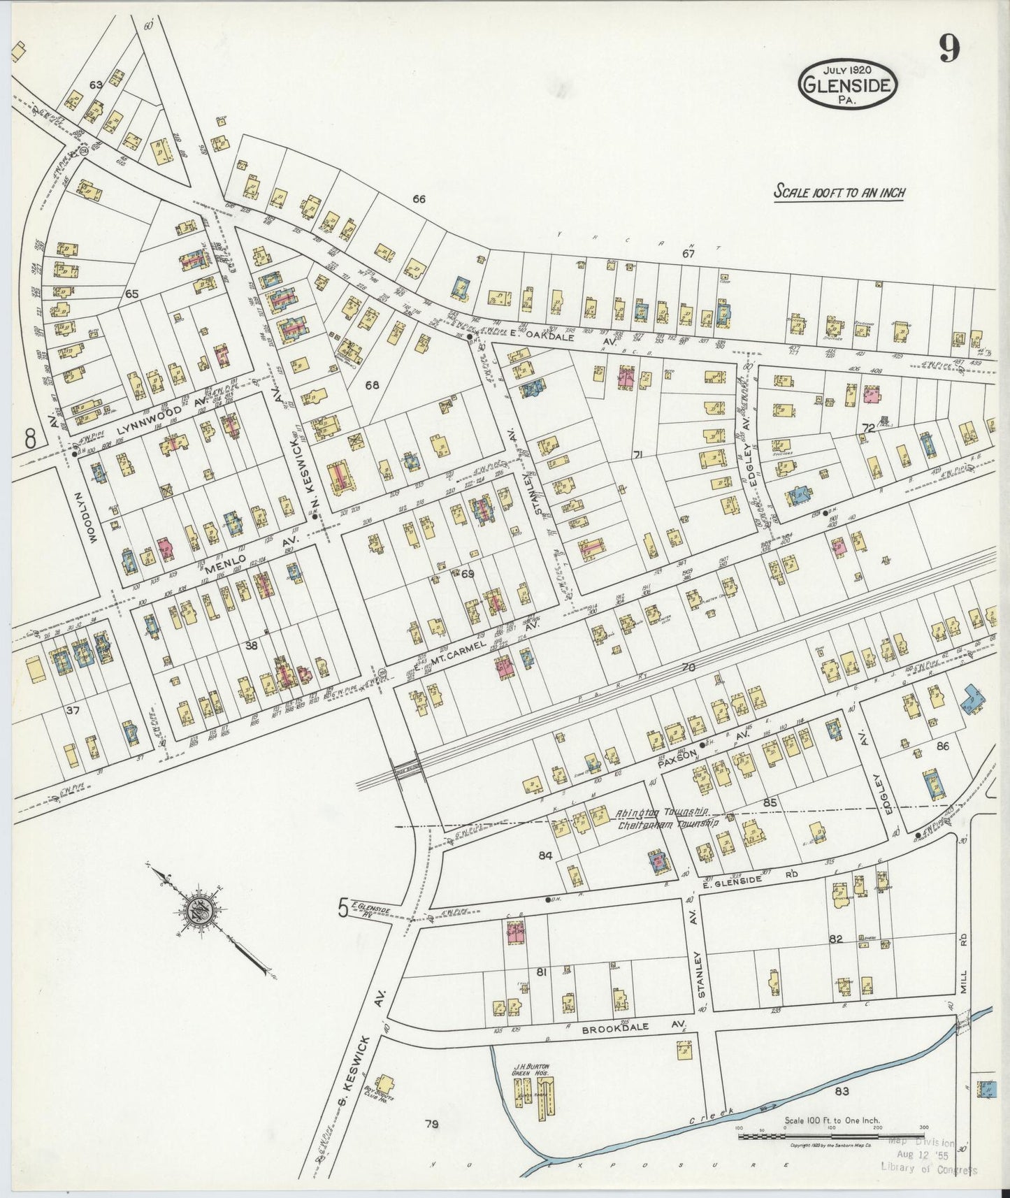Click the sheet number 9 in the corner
click(948, 48)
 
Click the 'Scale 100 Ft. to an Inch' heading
click(838, 192)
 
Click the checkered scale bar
click(831, 1136)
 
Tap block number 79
click(431, 1125)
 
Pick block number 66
click(419, 199)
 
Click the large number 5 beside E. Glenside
click(342, 907)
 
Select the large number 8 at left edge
click(30, 438)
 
